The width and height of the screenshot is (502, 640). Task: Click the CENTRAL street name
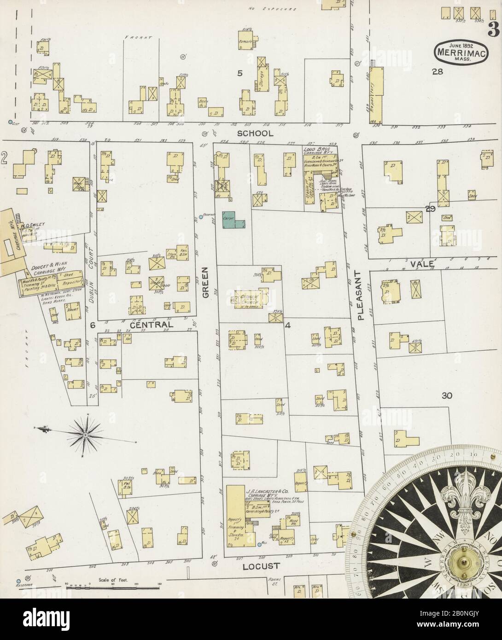[x=152, y=325]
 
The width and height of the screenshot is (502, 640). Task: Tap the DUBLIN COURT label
[x=91, y=277]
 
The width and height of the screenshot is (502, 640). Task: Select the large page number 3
[x=494, y=29]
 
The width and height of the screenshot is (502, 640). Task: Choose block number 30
[x=447, y=396]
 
